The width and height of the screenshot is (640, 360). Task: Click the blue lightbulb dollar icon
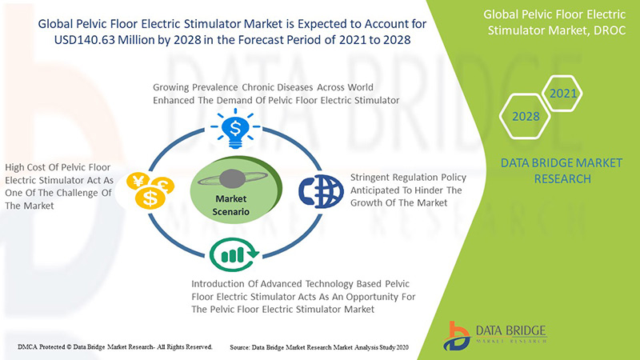pyautogui.click(x=235, y=129)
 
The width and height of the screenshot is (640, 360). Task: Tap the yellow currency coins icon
pyautogui.click(x=150, y=190)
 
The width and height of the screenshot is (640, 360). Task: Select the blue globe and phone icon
pyautogui.click(x=322, y=191)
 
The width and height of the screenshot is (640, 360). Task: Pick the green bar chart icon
pyautogui.click(x=234, y=254)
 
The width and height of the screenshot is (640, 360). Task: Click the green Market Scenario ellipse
pyautogui.click(x=236, y=190)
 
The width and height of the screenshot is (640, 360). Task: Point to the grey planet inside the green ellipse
pyautogui.click(x=232, y=178)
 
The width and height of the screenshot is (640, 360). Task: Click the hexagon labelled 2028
pyautogui.click(x=526, y=116)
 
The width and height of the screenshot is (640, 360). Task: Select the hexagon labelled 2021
pyautogui.click(x=562, y=94)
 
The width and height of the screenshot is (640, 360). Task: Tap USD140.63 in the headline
pyautogui.click(x=84, y=40)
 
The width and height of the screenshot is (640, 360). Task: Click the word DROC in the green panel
pyautogui.click(x=610, y=30)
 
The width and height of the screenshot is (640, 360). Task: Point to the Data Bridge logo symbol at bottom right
pyautogui.click(x=456, y=336)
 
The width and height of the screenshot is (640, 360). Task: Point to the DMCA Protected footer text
pyautogui.click(x=114, y=347)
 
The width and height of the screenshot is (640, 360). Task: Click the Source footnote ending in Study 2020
pyautogui.click(x=318, y=347)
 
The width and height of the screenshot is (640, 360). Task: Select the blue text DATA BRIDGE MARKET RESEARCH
pyautogui.click(x=562, y=170)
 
